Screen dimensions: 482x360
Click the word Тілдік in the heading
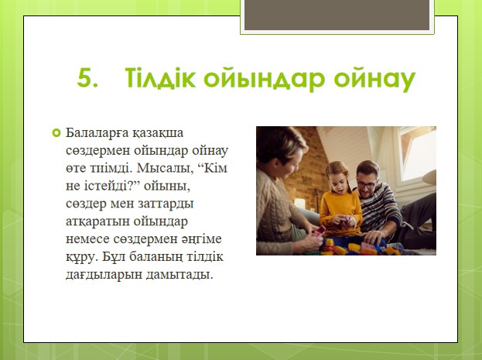[160, 78]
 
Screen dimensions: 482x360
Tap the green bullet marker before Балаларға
[56, 133]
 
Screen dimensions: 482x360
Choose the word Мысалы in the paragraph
[165, 169]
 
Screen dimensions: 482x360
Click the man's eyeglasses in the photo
[367, 184]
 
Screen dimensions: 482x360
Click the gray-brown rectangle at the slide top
[337, 15]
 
